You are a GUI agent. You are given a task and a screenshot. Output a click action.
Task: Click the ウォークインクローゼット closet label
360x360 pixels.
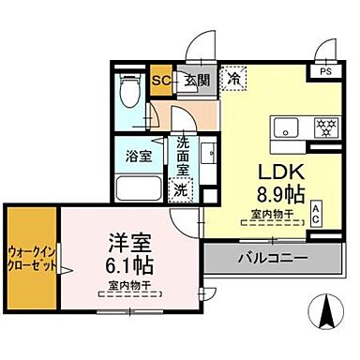(31, 258)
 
